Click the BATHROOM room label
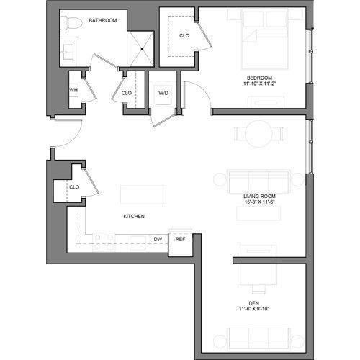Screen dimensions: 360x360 (x=102, y=21)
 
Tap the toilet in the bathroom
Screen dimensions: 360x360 (x=69, y=24)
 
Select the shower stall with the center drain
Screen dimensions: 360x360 (x=142, y=49)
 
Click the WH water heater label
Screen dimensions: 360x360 (x=73, y=89)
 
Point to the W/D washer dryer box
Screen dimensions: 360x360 (x=163, y=92)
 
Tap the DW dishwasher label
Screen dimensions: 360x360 (x=157, y=238)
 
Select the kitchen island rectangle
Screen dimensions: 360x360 (x=143, y=196)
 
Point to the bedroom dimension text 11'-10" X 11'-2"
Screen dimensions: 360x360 (x=259, y=84)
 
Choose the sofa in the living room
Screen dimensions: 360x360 (x=258, y=181)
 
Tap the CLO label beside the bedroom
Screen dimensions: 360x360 (x=184, y=35)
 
